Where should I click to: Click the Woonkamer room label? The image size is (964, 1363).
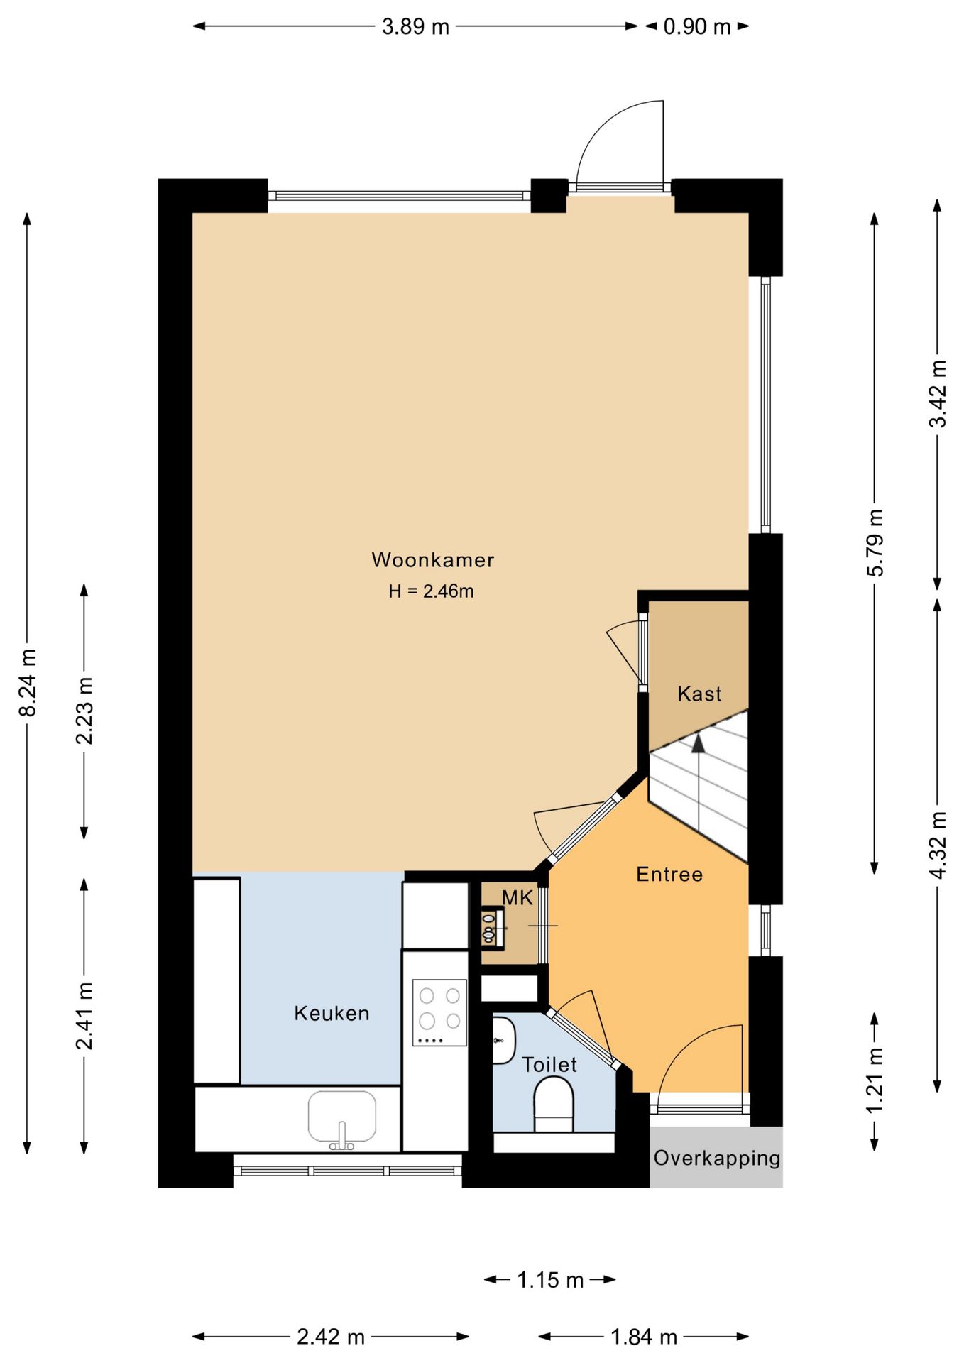click(x=432, y=560)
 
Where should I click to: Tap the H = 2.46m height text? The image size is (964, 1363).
click(x=431, y=591)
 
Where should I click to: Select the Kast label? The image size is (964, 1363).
click(x=699, y=694)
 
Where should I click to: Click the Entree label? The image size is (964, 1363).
click(x=669, y=874)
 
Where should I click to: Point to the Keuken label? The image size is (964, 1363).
click(x=332, y=1013)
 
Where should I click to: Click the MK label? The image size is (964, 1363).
click(x=517, y=898)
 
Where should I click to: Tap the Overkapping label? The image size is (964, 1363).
click(x=717, y=1158)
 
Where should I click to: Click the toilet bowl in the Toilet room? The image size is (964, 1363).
click(x=553, y=1105)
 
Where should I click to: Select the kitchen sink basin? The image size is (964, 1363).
click(x=342, y=1116)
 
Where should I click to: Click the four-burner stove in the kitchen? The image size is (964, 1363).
click(x=440, y=1012)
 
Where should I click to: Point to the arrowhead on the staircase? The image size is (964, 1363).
click(x=699, y=743)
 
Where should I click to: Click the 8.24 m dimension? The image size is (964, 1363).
click(x=27, y=682)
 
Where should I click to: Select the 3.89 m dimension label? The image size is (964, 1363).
click(x=415, y=27)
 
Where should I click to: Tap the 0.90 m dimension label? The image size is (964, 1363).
click(x=696, y=27)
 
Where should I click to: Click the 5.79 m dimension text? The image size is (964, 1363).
click(x=876, y=542)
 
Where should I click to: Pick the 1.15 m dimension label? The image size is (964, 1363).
click(x=550, y=1280)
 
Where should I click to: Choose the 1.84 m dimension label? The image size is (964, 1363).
click(x=644, y=1337)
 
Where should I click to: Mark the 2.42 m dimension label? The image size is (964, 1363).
click(x=331, y=1337)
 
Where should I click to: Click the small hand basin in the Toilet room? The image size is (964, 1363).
click(x=503, y=1040)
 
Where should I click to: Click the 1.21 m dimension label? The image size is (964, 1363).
click(x=876, y=1080)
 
